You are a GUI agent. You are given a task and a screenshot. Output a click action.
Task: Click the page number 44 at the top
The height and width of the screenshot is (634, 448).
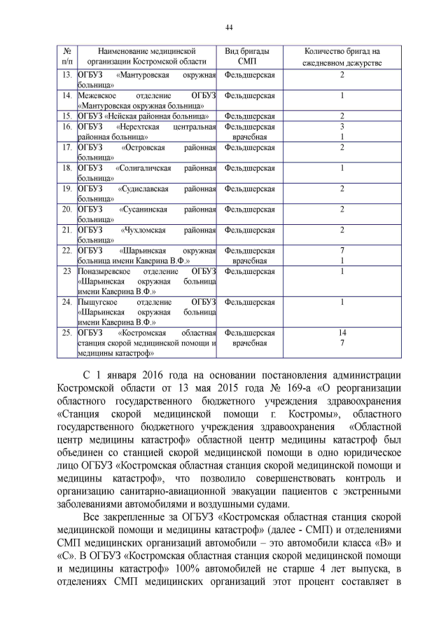(229, 27)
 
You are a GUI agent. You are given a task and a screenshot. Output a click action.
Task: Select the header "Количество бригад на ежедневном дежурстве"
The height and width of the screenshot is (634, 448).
(342, 57)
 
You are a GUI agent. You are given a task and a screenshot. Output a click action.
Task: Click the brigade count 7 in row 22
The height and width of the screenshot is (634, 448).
(342, 250)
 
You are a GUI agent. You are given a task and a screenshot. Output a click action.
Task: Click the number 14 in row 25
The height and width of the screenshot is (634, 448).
(342, 333)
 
